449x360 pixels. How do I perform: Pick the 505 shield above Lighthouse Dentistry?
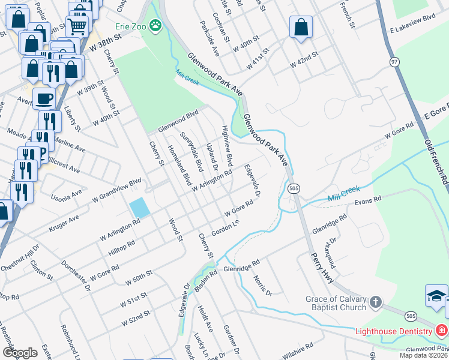pos(411,316)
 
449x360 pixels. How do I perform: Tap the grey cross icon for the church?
pos(375,302)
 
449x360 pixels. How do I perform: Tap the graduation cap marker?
pos(436,296)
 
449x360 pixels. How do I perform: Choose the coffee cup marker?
pos(44,97)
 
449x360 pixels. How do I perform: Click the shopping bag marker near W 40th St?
pos(301,27)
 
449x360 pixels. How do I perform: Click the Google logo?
pos(20,352)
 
